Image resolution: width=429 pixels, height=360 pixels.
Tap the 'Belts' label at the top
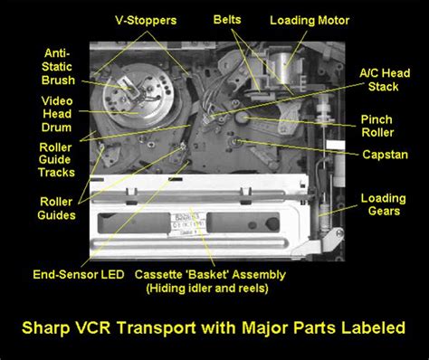(227, 19)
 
